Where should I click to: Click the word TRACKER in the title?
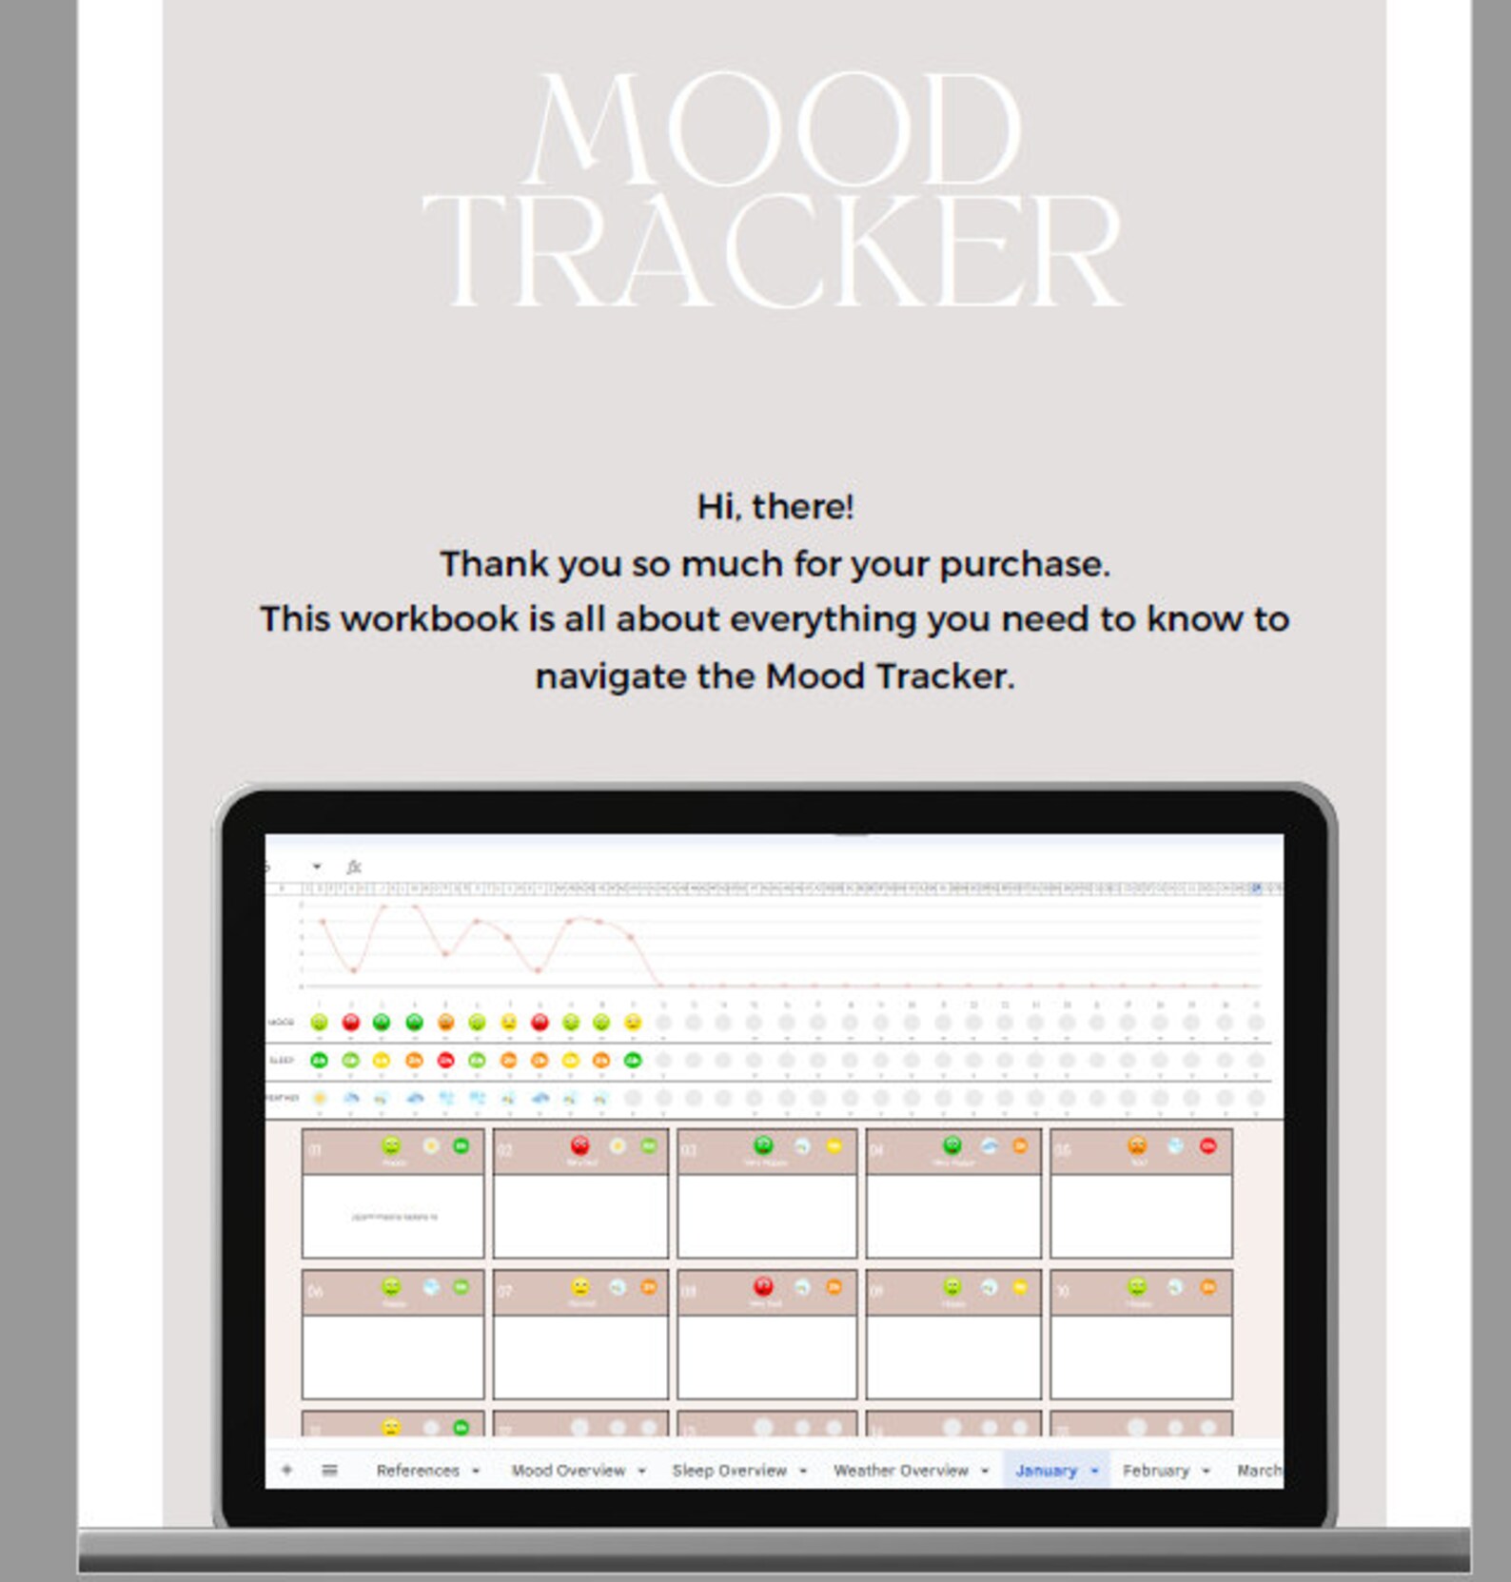click(x=773, y=252)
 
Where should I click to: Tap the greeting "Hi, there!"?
click(x=775, y=507)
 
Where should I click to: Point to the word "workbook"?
click(x=433, y=619)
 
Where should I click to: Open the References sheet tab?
click(x=418, y=1471)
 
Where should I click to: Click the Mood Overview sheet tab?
click(x=568, y=1471)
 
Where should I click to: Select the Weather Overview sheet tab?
click(x=900, y=1471)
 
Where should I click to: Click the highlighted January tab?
click(x=1046, y=1471)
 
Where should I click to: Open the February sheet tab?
click(x=1155, y=1471)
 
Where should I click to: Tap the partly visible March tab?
click(x=1258, y=1471)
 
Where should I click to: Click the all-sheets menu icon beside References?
click(x=330, y=1471)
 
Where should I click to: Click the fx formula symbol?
click(x=354, y=867)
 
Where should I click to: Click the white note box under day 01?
click(x=393, y=1216)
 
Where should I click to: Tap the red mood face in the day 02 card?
click(x=579, y=1145)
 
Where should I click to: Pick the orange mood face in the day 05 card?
click(x=1137, y=1145)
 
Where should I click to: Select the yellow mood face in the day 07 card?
click(x=580, y=1287)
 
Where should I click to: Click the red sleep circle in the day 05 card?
click(x=1207, y=1146)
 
